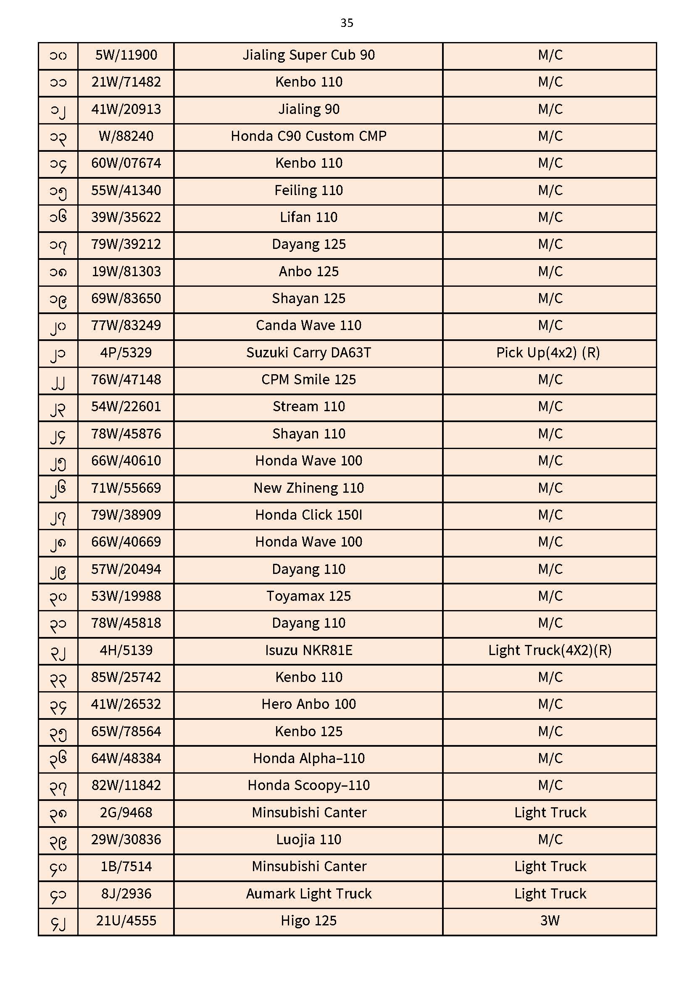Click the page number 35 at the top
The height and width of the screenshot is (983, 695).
(x=347, y=23)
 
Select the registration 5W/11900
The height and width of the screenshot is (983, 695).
(x=126, y=55)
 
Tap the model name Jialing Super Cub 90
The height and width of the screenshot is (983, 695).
(x=308, y=55)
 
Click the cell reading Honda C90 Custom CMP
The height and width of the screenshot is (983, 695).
(x=308, y=136)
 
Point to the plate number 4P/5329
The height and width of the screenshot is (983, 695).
(x=126, y=353)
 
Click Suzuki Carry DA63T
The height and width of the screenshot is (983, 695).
(x=308, y=353)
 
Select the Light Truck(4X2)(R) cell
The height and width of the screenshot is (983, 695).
(x=550, y=650)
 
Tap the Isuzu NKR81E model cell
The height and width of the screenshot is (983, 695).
(x=308, y=650)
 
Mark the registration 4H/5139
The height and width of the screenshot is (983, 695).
(x=126, y=650)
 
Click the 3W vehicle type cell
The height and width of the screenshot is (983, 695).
(x=550, y=921)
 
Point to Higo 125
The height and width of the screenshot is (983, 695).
(x=308, y=921)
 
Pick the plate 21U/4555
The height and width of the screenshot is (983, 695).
(x=126, y=921)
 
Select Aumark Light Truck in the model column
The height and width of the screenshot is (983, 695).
(x=308, y=894)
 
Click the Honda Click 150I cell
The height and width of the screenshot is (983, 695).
(x=308, y=515)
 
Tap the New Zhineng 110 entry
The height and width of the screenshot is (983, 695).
(x=308, y=488)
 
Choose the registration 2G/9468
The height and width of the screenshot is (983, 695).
(x=126, y=813)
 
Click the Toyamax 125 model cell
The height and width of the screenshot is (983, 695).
(x=308, y=596)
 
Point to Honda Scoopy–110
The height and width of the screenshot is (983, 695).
(x=308, y=786)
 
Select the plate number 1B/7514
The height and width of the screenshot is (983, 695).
(x=126, y=867)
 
